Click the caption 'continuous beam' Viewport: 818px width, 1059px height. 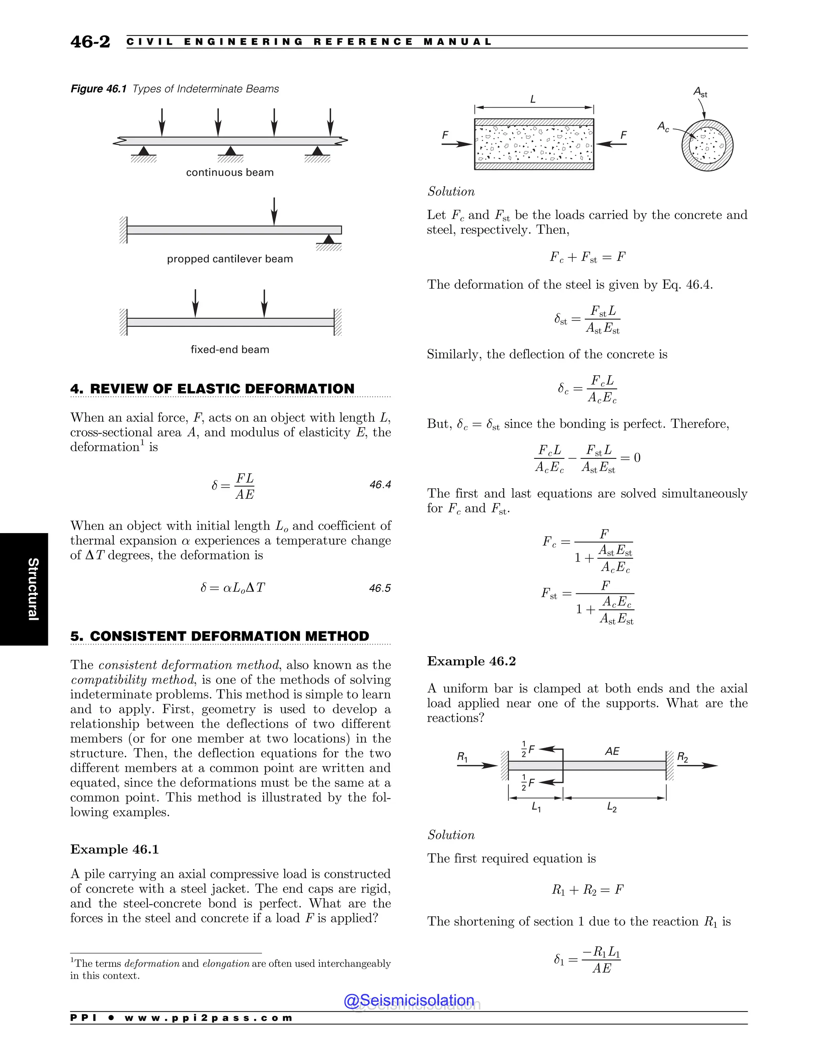point(230,173)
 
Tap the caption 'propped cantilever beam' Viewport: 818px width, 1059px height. point(230,259)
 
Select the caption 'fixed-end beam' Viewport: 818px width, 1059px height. point(230,350)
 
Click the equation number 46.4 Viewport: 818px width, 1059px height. point(380,484)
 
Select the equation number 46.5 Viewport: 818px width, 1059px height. point(380,588)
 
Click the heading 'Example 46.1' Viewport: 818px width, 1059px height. point(114,849)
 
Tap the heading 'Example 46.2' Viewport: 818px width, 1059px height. point(471,661)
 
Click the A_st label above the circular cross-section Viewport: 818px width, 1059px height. point(700,91)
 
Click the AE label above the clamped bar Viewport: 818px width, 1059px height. point(612,751)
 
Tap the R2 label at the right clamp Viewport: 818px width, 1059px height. point(682,757)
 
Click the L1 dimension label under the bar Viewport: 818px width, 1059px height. point(536,807)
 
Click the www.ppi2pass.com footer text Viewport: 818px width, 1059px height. point(208,1018)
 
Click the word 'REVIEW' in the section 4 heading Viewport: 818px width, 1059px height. point(119,389)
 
